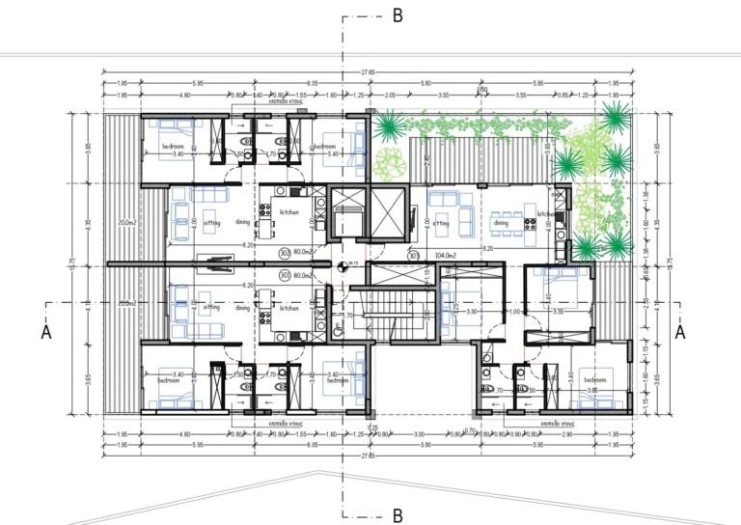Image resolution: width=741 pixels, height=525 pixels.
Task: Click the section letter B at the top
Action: (x=397, y=16)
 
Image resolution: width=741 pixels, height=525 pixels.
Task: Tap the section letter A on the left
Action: (x=45, y=331)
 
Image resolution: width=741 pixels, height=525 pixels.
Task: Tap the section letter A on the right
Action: (x=679, y=331)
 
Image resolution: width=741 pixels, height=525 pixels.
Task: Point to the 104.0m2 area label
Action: (x=447, y=256)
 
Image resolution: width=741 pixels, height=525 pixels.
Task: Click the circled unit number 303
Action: (x=413, y=256)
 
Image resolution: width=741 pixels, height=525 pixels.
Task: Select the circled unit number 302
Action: (x=285, y=253)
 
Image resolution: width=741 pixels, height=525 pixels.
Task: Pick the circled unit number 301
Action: (x=285, y=274)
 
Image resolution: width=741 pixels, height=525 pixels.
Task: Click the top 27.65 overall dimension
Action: (x=370, y=70)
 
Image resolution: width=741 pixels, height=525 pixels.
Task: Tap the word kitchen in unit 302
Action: (x=288, y=211)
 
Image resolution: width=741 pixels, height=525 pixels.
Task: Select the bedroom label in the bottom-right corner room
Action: (x=593, y=380)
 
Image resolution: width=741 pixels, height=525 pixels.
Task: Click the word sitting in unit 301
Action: (x=211, y=307)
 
